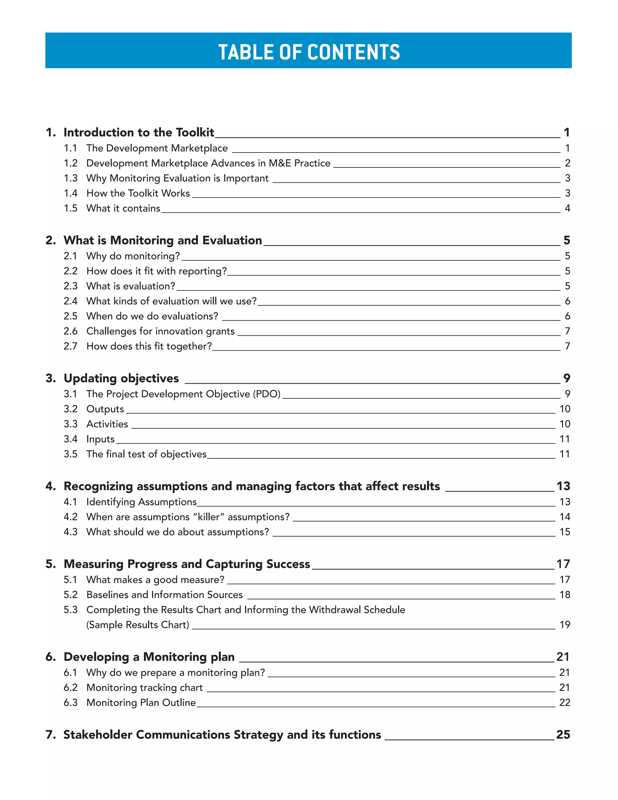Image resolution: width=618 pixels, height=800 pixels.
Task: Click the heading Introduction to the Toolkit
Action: coord(139,132)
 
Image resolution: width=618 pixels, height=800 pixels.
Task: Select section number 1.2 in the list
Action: coord(70,163)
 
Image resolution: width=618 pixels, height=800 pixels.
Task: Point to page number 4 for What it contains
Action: coord(567,208)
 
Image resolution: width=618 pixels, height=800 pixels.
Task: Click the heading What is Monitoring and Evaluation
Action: coord(163,240)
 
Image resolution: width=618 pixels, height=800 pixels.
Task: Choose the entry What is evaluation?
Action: coord(131,286)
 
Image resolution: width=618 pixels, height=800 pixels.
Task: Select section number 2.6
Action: coord(70,331)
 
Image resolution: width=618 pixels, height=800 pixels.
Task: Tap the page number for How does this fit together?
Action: coord(567,346)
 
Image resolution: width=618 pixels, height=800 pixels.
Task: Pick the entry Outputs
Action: coord(105,409)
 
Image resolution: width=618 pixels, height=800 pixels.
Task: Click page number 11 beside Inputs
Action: coord(564,439)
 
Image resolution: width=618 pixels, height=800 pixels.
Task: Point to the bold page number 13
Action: coord(563,486)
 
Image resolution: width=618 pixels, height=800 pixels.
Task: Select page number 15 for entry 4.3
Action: coord(564,532)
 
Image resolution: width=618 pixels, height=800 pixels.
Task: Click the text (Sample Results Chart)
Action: coord(138,625)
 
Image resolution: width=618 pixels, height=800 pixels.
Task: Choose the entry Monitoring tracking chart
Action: coord(144,687)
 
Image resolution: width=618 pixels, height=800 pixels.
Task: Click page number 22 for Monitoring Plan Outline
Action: coord(564,702)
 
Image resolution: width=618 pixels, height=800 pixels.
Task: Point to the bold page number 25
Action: coord(563,734)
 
